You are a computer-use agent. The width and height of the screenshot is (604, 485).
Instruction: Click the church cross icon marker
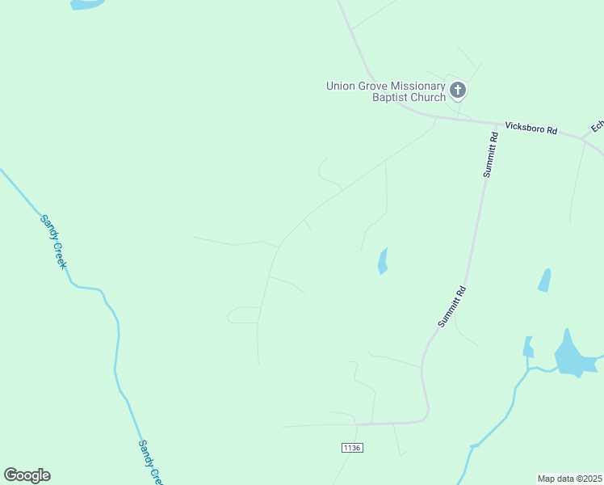click(x=458, y=90)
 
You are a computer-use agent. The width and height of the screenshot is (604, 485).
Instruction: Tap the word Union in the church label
click(x=341, y=86)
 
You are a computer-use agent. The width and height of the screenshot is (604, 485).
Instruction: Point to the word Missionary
click(x=418, y=86)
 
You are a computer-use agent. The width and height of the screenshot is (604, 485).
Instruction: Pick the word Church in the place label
click(x=428, y=98)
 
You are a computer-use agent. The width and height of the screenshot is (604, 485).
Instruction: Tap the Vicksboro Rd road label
click(x=531, y=128)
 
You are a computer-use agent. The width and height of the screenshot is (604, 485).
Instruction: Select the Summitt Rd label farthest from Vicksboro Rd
click(x=452, y=306)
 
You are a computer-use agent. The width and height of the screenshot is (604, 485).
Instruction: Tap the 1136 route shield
click(x=352, y=448)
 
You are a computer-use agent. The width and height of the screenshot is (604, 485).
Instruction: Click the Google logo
click(x=27, y=475)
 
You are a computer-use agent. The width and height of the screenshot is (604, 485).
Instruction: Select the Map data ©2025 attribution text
click(x=569, y=479)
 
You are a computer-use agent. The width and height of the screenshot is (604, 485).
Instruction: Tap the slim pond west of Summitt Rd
click(x=383, y=261)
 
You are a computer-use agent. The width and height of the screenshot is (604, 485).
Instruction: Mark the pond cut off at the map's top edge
click(x=87, y=3)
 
